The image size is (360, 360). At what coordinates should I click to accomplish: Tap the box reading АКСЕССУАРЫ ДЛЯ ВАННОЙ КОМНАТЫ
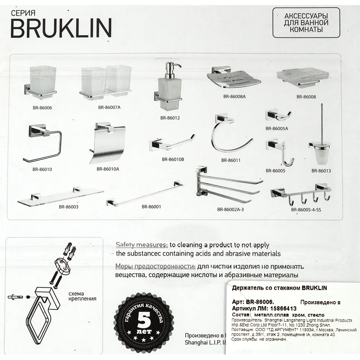tap(301, 22)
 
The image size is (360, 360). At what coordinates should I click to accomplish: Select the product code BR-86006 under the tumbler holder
tap(42, 107)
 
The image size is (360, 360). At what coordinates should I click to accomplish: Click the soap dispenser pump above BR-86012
tap(170, 69)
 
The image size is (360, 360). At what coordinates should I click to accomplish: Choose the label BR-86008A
tap(234, 96)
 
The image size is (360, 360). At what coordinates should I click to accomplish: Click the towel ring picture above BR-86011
tap(228, 137)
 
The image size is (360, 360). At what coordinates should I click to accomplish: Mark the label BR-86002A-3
tap(230, 209)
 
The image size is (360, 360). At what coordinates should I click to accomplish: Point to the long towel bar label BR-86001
tap(151, 207)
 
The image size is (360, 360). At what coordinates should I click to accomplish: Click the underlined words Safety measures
tap(141, 245)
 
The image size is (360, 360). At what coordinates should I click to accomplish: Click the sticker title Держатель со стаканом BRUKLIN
tap(279, 288)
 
